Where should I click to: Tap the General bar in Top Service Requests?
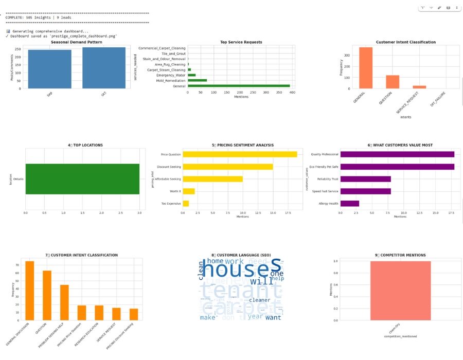tap(239, 86)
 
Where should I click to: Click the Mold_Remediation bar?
tap(198, 80)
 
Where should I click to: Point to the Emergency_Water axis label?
tap(169, 75)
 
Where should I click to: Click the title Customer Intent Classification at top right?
tap(405, 42)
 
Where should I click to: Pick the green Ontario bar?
tap(82, 179)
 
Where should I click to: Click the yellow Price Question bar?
tap(240, 154)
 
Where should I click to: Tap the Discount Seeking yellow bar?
tap(228, 167)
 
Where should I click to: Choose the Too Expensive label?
tap(171, 204)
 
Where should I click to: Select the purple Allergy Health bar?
tap(350, 204)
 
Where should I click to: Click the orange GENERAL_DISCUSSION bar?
tap(30, 291)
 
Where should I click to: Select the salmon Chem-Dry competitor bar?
tap(400, 291)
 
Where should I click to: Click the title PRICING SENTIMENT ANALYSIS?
tap(243, 146)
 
